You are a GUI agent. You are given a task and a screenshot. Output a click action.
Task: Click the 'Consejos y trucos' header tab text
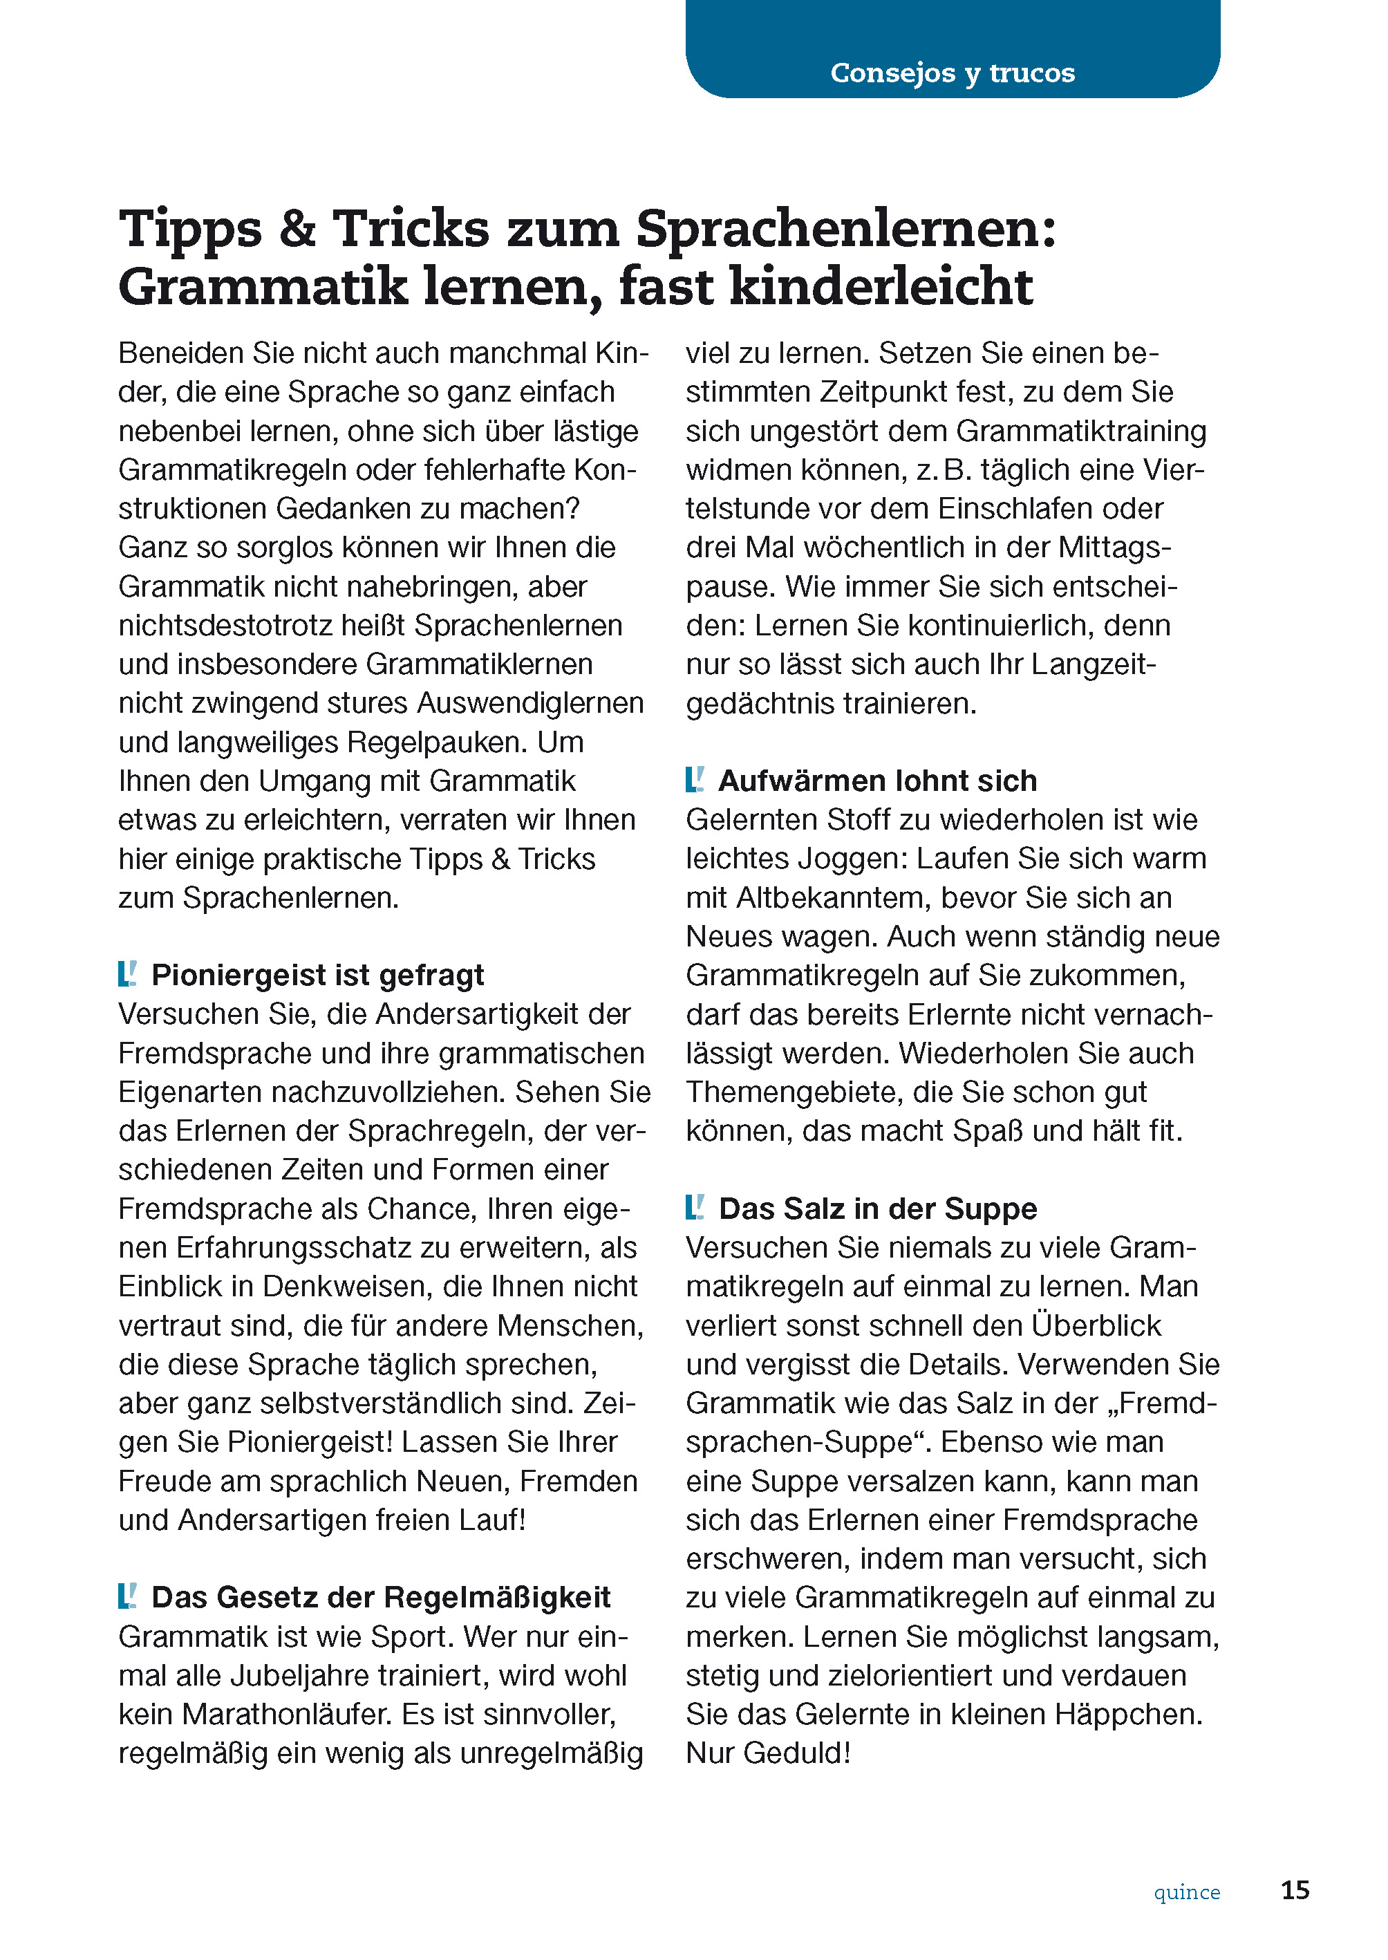pyautogui.click(x=952, y=73)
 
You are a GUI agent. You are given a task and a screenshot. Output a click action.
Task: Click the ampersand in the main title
pyautogui.click(x=297, y=229)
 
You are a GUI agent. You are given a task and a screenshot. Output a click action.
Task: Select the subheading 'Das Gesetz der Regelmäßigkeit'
pyautogui.click(x=380, y=1597)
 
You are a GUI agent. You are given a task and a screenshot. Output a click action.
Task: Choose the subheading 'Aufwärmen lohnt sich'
pyautogui.click(x=877, y=781)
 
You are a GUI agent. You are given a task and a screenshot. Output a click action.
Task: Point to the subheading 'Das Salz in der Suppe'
pyautogui.click(x=877, y=1208)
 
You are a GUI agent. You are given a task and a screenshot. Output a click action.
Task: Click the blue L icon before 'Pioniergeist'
pyautogui.click(x=127, y=973)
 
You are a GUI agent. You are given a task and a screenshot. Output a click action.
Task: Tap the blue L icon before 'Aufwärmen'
pyautogui.click(x=694, y=780)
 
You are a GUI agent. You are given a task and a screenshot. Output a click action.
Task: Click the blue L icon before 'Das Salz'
pyautogui.click(x=694, y=1207)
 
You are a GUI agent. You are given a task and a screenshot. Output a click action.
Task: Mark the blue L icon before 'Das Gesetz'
pyautogui.click(x=127, y=1596)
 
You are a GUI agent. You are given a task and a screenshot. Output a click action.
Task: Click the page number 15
pyautogui.click(x=1295, y=1890)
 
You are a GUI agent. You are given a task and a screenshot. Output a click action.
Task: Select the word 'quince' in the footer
pyautogui.click(x=1186, y=1892)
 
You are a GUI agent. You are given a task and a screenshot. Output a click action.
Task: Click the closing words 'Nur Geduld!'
pyautogui.click(x=767, y=1753)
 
